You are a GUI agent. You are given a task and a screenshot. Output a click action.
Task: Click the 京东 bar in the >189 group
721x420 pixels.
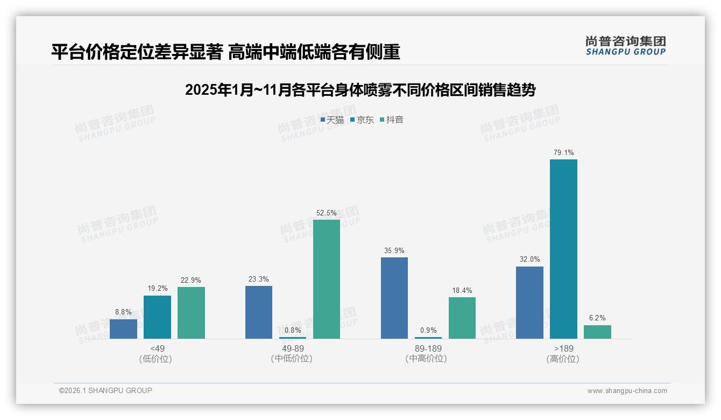click(x=563, y=249)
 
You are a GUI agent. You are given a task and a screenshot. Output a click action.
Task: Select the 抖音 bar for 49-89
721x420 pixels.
click(x=327, y=279)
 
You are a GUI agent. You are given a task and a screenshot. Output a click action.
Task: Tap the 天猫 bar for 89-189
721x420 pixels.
click(x=394, y=298)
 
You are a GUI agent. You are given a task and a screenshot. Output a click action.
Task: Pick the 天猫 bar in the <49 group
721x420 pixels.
click(x=123, y=329)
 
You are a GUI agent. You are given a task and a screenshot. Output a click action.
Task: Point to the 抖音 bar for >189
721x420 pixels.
click(x=597, y=332)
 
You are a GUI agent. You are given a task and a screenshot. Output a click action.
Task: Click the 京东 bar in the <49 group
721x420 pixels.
click(x=157, y=317)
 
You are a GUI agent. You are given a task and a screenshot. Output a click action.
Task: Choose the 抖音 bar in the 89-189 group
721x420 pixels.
click(x=462, y=318)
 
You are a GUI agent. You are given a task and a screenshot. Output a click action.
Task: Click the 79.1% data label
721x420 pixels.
click(x=563, y=153)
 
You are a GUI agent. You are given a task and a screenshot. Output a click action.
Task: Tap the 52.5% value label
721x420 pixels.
click(x=327, y=213)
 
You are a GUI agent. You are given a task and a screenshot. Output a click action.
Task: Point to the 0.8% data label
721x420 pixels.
click(x=293, y=331)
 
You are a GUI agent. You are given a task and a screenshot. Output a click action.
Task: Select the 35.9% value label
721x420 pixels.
click(x=394, y=251)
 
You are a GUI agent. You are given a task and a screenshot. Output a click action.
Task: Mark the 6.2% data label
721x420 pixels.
click(x=597, y=318)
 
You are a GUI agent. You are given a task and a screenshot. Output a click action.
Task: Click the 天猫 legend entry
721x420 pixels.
click(x=333, y=120)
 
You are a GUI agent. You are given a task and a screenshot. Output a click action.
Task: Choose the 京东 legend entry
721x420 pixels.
click(x=362, y=120)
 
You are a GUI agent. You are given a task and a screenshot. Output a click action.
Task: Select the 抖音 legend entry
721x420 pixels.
click(x=392, y=120)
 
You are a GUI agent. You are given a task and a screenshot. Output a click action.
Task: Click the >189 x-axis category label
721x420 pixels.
click(x=563, y=353)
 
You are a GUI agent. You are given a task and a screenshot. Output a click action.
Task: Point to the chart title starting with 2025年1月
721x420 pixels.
click(x=360, y=90)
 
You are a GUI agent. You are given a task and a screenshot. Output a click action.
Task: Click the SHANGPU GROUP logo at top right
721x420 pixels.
click(x=625, y=46)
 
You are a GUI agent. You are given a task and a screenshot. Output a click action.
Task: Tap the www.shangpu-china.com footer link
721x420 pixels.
click(x=627, y=391)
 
